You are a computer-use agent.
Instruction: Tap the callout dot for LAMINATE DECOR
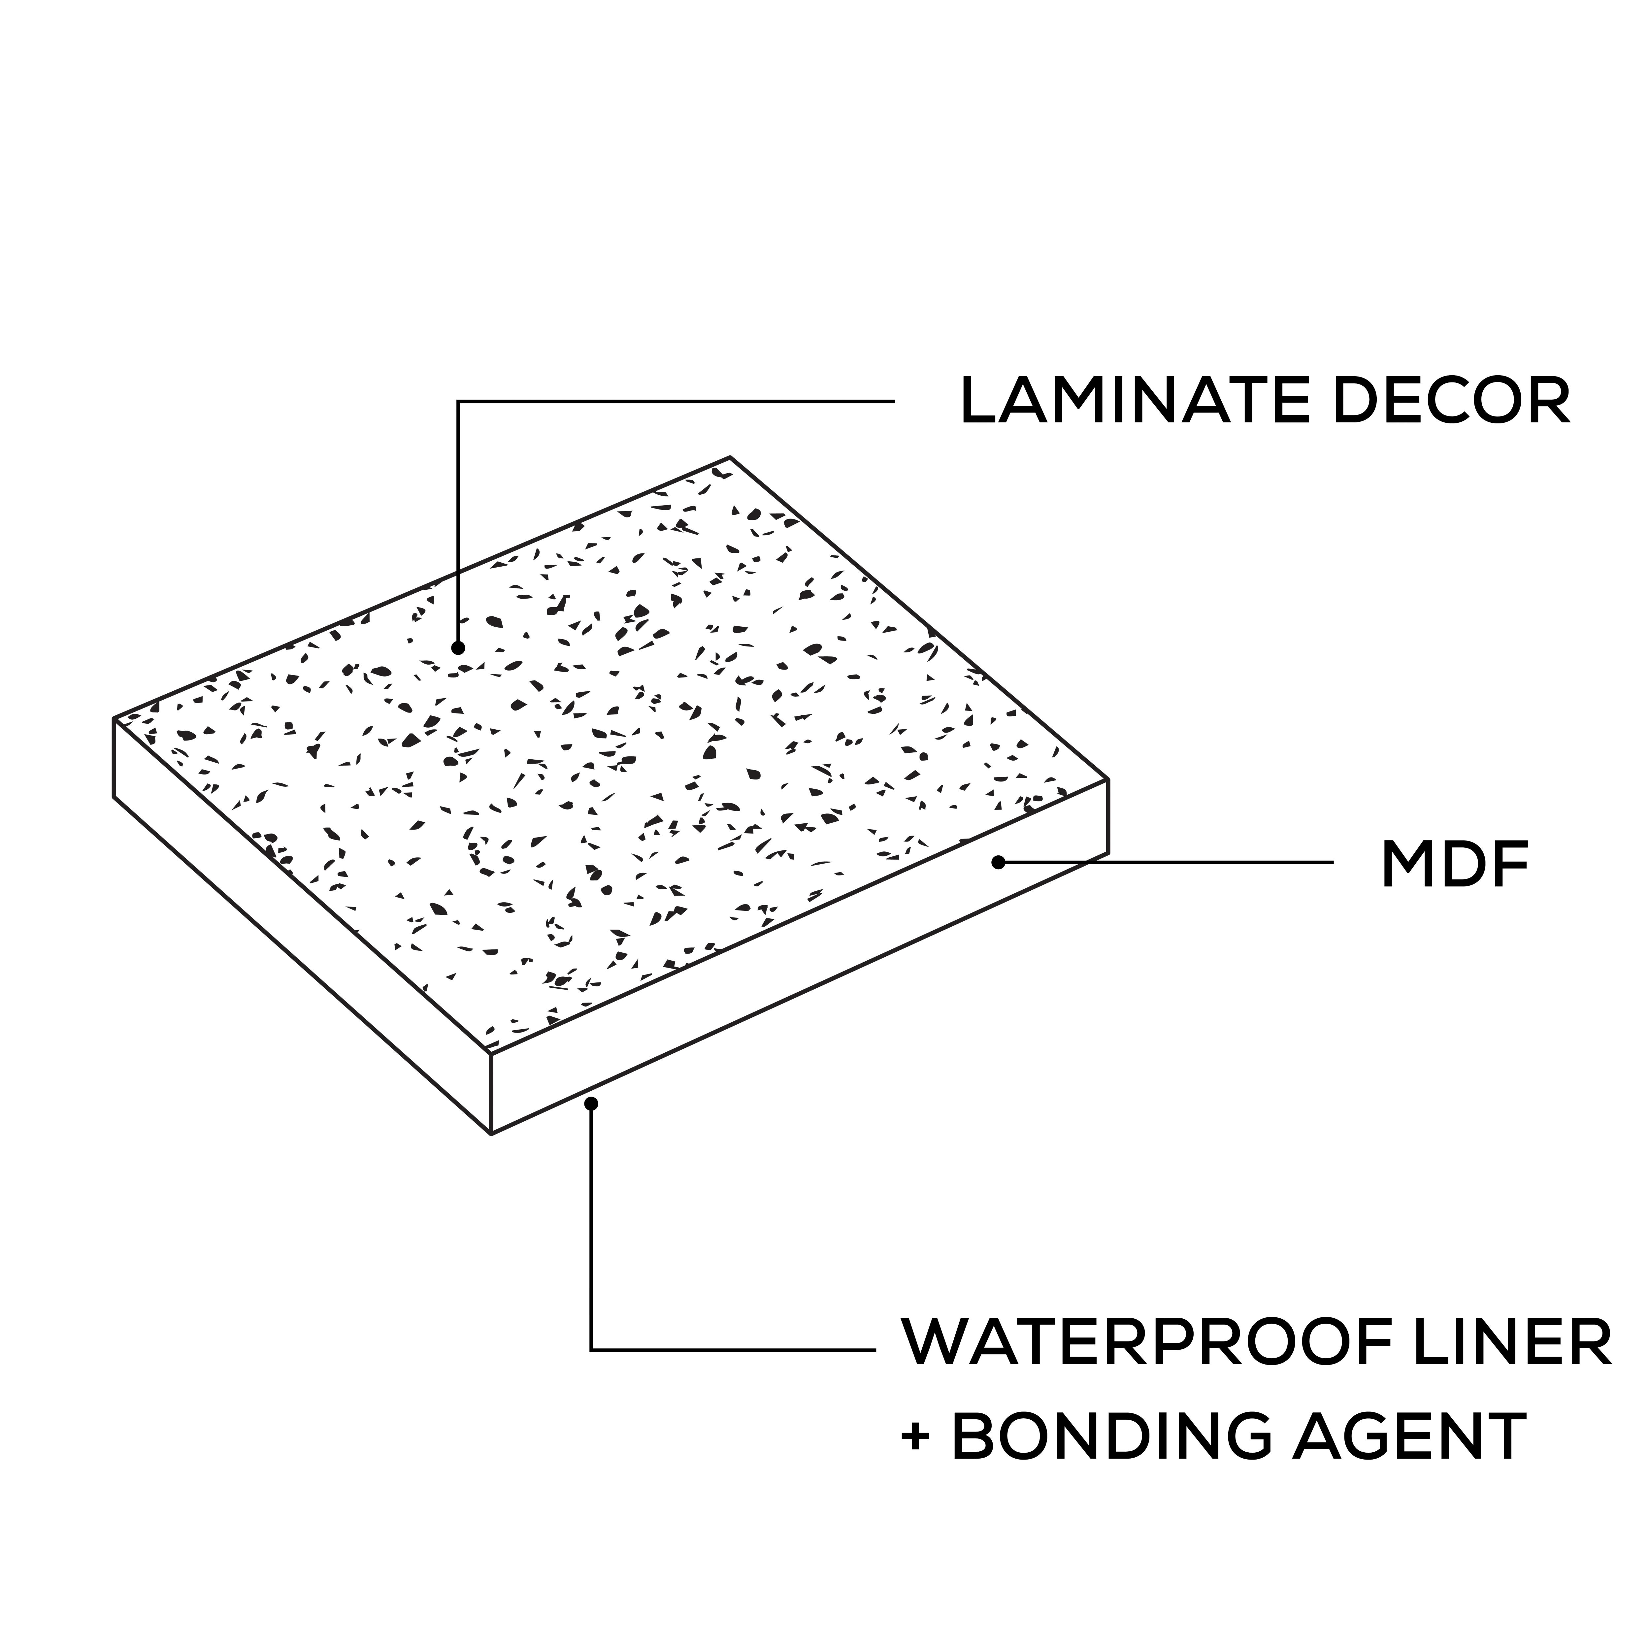tap(459, 648)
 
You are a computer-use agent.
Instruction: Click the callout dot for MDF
tap(998, 863)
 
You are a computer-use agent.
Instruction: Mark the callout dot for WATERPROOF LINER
tap(591, 1104)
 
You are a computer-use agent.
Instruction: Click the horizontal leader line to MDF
tap(1170, 863)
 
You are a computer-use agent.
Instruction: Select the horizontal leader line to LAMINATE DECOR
tap(675, 401)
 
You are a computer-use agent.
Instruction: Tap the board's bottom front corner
tap(491, 1134)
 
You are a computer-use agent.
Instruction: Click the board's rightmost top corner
tap(1108, 780)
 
